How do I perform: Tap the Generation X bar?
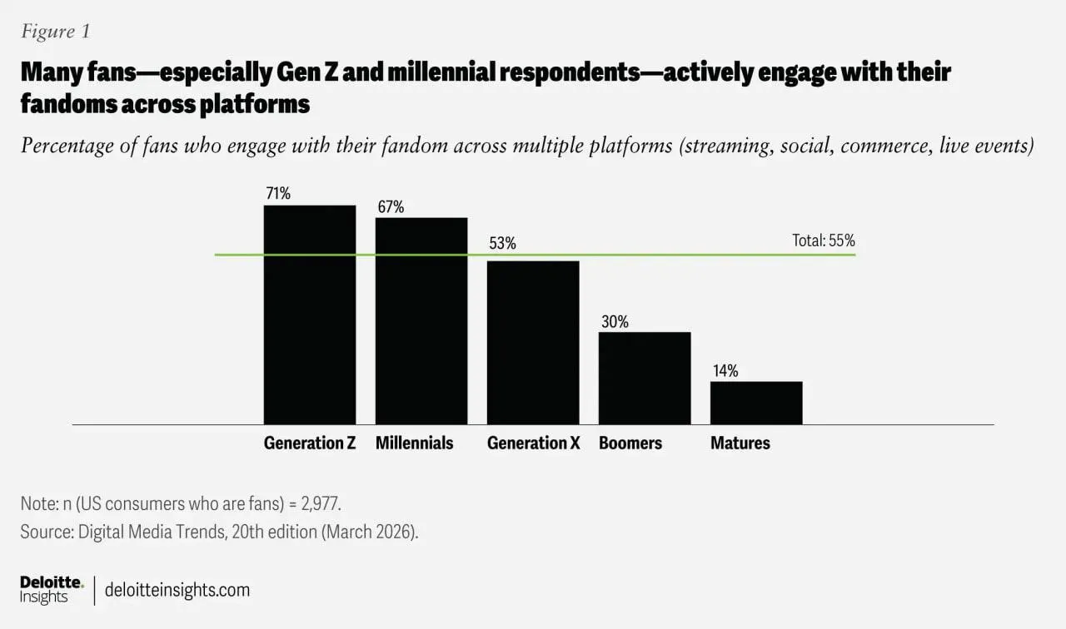click(x=533, y=343)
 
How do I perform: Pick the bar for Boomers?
click(x=645, y=379)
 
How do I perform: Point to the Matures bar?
click(x=756, y=403)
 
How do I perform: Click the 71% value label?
click(x=278, y=194)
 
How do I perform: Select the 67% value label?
click(x=391, y=207)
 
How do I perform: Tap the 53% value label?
click(x=502, y=244)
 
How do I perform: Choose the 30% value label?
click(x=614, y=321)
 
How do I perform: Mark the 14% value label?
click(x=725, y=371)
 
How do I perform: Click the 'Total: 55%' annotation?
click(x=824, y=241)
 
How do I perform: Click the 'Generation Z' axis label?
click(x=310, y=443)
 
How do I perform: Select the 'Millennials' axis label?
click(x=415, y=443)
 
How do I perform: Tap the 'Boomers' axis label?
click(x=630, y=443)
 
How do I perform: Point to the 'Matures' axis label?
click(x=740, y=443)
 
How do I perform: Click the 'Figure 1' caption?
click(x=55, y=32)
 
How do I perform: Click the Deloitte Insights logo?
click(x=51, y=590)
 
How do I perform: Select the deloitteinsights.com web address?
click(x=177, y=590)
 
